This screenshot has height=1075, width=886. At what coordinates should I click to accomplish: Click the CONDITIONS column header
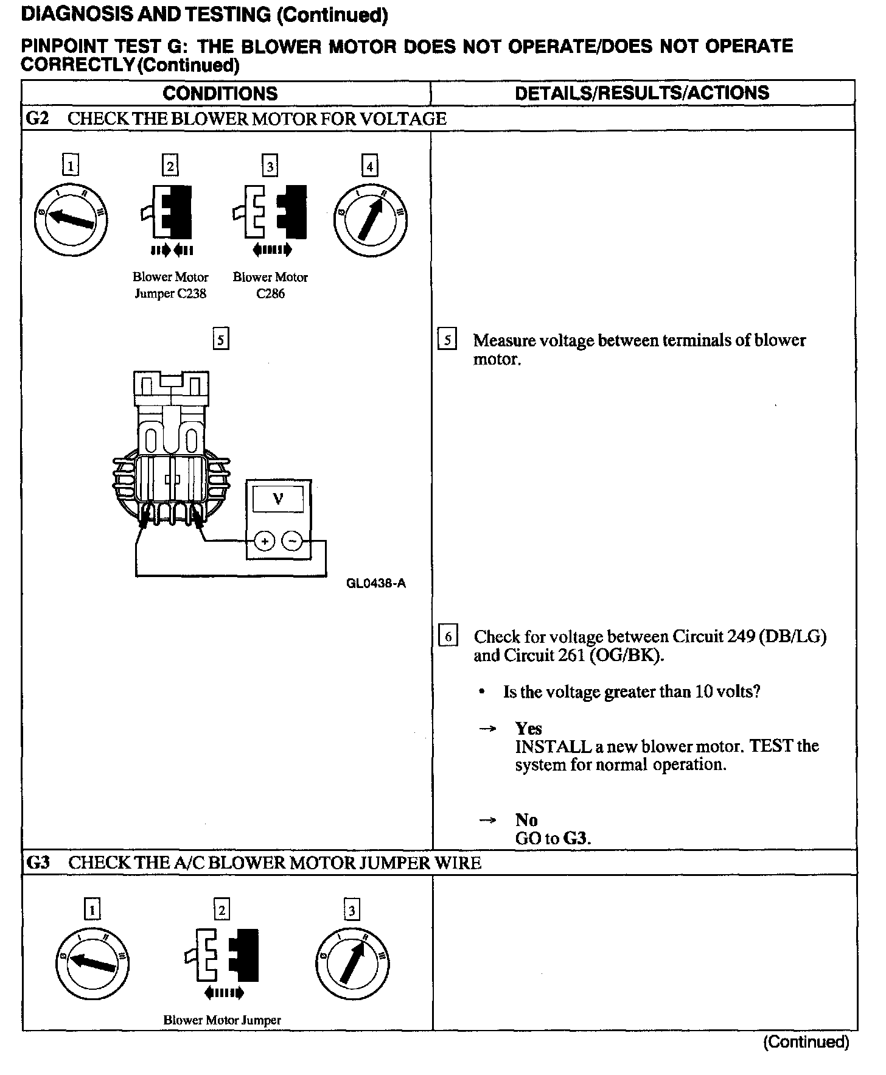(220, 93)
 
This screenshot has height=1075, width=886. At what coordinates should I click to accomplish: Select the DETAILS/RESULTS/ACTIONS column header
(642, 93)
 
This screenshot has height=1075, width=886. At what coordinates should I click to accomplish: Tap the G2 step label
(38, 118)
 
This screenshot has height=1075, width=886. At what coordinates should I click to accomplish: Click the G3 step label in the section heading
(38, 863)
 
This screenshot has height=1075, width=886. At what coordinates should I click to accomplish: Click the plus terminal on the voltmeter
(264, 541)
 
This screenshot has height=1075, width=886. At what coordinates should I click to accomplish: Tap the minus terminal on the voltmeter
(293, 541)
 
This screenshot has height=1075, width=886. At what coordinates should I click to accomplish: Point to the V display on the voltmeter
(278, 500)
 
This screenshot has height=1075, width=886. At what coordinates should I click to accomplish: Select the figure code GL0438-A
(376, 584)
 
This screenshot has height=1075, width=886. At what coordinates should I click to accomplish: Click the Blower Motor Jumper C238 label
(170, 285)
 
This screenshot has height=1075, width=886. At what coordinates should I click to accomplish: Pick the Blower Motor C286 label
(270, 285)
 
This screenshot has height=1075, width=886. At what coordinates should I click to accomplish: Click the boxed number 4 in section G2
(369, 166)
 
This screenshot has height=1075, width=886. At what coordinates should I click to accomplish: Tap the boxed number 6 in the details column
(448, 637)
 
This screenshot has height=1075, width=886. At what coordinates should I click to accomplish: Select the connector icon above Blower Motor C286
(270, 212)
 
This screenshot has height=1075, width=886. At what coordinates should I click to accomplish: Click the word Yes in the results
(528, 728)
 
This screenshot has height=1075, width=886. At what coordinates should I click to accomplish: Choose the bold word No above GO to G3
(526, 820)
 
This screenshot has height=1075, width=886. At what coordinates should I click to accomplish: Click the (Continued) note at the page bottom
(805, 1042)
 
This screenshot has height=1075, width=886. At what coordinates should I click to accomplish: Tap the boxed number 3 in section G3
(352, 911)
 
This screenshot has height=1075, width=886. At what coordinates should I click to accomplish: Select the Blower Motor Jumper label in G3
(222, 1020)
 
